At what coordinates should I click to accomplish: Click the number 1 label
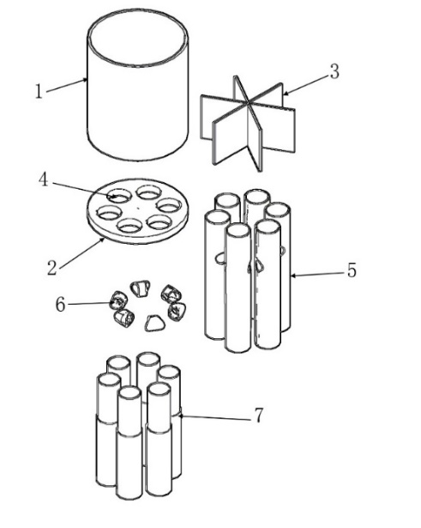click(39, 91)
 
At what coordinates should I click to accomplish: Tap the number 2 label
click(52, 268)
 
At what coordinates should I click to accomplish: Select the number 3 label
click(334, 72)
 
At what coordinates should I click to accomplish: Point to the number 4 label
click(44, 179)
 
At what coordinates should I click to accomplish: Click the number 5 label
click(352, 270)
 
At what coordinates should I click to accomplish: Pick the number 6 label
click(60, 305)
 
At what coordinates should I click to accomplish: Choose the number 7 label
click(258, 415)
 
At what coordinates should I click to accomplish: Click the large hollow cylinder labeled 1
click(137, 85)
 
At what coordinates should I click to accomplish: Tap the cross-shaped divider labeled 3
click(248, 124)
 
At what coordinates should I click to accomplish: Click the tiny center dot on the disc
click(137, 209)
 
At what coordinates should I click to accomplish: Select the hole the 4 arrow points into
click(118, 196)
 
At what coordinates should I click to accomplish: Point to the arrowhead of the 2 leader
click(102, 240)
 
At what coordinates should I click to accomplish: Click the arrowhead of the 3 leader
click(286, 92)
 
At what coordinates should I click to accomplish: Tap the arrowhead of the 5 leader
click(293, 276)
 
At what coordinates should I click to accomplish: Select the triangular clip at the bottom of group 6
click(155, 323)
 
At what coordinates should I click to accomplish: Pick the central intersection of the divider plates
click(248, 102)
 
